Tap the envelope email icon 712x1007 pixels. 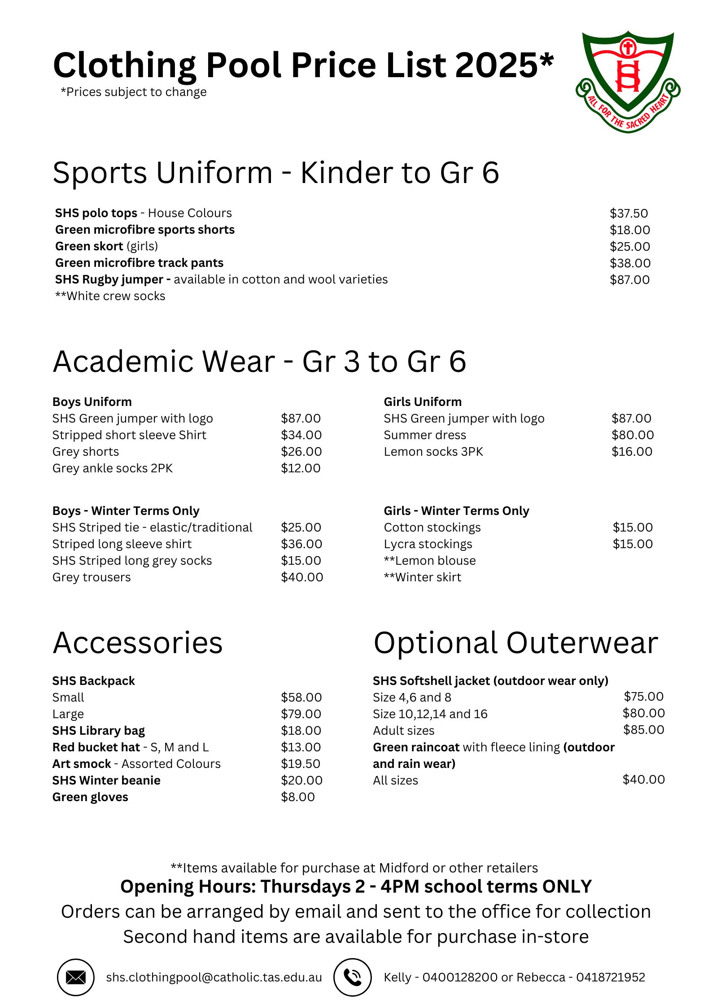pyautogui.click(x=75, y=977)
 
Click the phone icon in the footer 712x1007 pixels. pyautogui.click(x=353, y=977)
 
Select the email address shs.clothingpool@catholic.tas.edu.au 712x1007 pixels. pyautogui.click(x=214, y=977)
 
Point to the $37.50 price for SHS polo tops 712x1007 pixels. pyautogui.click(x=629, y=214)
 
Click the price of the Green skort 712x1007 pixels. pyautogui.click(x=629, y=247)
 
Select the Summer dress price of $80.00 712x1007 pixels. pyautogui.click(x=632, y=435)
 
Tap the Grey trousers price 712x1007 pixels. pyautogui.click(x=302, y=577)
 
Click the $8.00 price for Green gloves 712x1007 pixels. pyautogui.click(x=298, y=797)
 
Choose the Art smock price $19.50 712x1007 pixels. pyautogui.click(x=301, y=764)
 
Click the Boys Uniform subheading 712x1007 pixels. pyautogui.click(x=92, y=402)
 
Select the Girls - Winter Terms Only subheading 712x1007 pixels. pyautogui.click(x=456, y=511)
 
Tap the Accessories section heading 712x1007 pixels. pyautogui.click(x=138, y=643)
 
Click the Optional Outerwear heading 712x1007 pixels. pyautogui.click(x=515, y=643)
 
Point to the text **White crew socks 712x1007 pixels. pyautogui.click(x=110, y=296)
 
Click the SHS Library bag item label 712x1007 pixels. pyautogui.click(x=99, y=731)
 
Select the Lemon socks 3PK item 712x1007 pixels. pyautogui.click(x=433, y=452)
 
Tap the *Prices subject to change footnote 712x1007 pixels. pyautogui.click(x=134, y=92)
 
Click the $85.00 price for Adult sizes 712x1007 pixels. pyautogui.click(x=643, y=730)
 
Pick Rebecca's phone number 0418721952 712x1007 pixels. pyautogui.click(x=610, y=977)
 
